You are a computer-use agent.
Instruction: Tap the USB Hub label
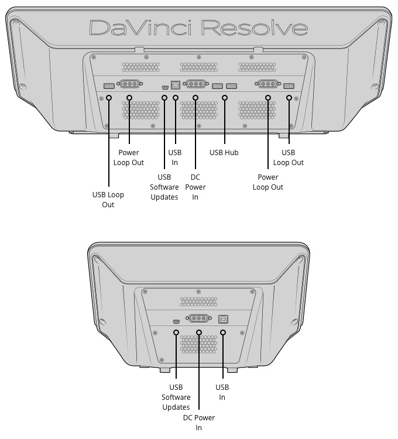[x=224, y=153]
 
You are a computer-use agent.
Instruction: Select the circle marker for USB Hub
[x=225, y=98]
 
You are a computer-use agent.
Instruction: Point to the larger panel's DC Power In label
[x=195, y=187]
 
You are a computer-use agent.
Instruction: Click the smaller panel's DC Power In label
[x=198, y=423]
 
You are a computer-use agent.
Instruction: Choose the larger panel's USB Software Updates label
[x=164, y=187]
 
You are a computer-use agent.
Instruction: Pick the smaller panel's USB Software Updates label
[x=176, y=397]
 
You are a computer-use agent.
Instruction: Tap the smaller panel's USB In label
[x=222, y=392]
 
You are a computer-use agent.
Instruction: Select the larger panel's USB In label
[x=175, y=157]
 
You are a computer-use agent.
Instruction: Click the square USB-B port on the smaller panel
[x=223, y=319]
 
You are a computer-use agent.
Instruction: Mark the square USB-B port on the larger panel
[x=175, y=84]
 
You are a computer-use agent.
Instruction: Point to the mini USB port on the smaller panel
[x=176, y=321]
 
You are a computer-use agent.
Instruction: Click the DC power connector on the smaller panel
[x=198, y=319]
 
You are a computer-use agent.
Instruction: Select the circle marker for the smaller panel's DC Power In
[x=199, y=332]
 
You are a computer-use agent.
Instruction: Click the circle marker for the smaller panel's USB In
[x=223, y=332]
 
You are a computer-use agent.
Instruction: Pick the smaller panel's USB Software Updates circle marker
[x=176, y=332]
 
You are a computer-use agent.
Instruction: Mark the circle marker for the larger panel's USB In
[x=175, y=98]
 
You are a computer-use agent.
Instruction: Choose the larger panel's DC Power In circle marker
[x=195, y=98]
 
